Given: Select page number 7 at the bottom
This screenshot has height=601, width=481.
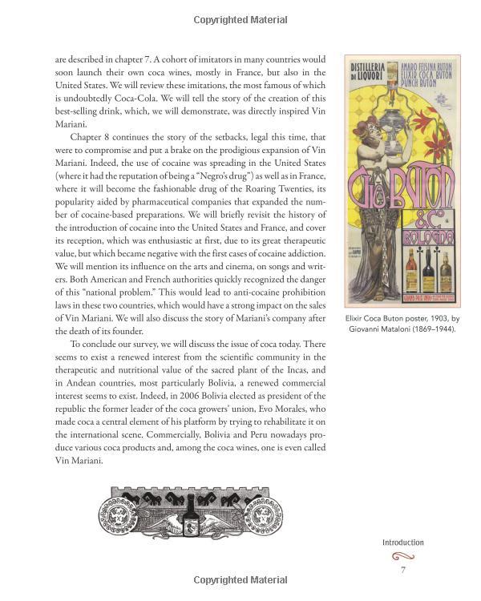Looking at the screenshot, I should pos(402,570).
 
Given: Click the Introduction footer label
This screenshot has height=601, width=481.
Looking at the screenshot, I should pos(402,543).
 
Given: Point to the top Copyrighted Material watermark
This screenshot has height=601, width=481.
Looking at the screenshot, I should pos(240,19).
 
